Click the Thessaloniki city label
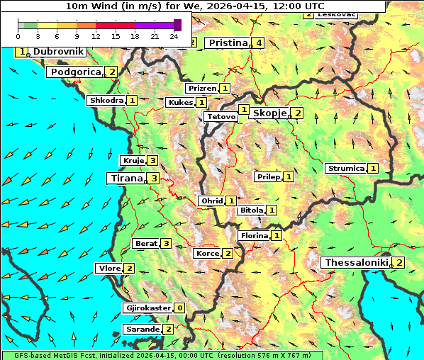[356, 263]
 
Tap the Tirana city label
[125, 179]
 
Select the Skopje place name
[269, 113]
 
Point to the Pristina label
[227, 43]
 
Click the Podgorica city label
[75, 72]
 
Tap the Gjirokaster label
[147, 308]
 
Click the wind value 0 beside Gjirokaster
[179, 308]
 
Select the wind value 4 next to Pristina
[260, 43]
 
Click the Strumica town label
[345, 169]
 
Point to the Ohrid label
[211, 201]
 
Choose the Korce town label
[207, 254]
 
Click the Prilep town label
[268, 176]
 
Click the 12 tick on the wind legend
[96, 36]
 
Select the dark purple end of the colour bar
[177, 25]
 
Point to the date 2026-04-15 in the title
[229, 5]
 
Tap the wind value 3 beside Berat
[166, 244]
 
